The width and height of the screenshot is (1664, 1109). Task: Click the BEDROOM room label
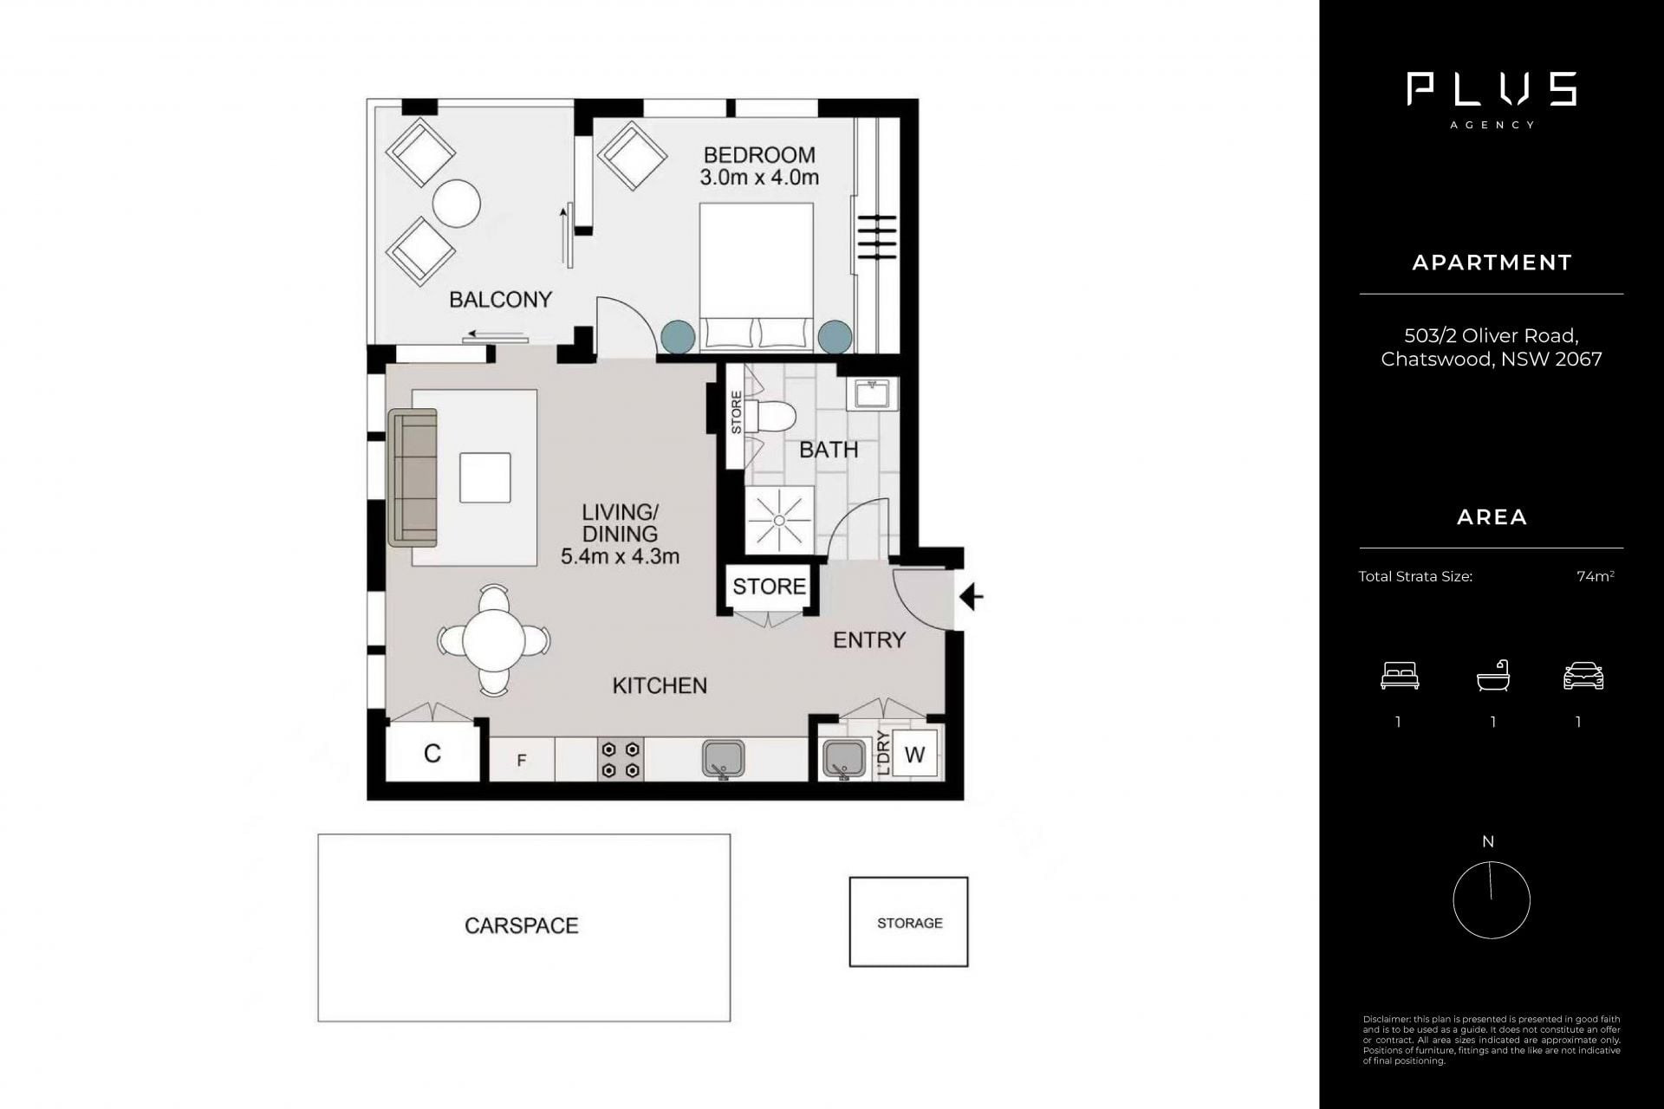759,155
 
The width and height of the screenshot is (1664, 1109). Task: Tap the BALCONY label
500,300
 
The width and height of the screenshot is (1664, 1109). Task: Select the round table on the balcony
456,204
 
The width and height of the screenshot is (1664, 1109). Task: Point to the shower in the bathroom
780,520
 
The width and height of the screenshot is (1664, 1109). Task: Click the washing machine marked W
914,755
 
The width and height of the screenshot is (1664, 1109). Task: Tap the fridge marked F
522,760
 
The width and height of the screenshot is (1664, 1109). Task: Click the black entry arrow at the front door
972,597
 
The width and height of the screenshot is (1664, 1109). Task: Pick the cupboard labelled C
432,753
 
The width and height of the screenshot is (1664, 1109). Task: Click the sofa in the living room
413,477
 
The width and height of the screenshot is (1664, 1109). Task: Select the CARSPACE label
522,926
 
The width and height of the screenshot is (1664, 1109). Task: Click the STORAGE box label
909,924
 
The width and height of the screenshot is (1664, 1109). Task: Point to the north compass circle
1492,900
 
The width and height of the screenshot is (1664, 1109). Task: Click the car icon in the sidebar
1583,676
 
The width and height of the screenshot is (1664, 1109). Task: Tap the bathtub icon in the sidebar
1493,676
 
